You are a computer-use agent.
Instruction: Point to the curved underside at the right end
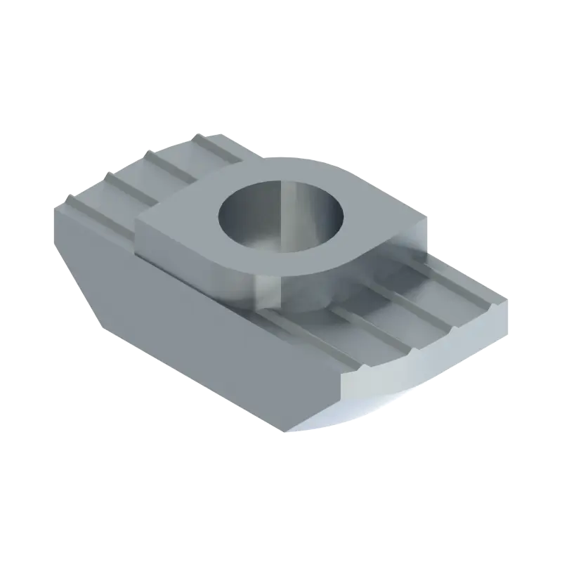click(351, 418)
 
